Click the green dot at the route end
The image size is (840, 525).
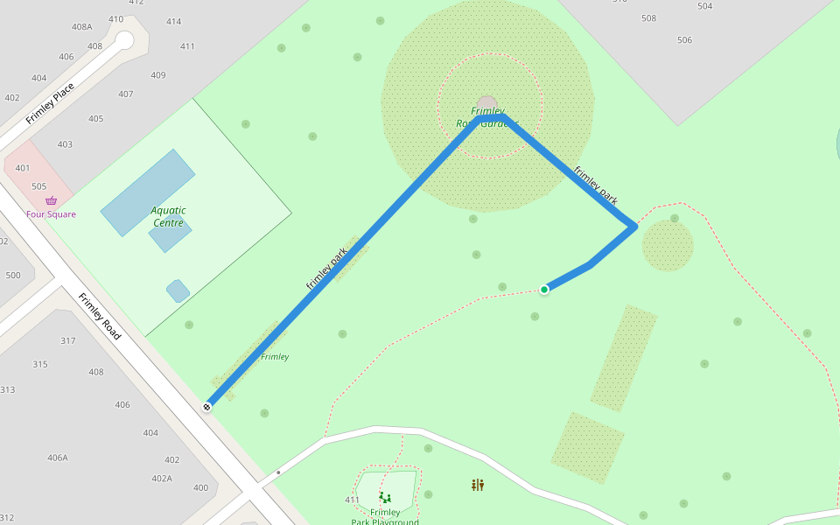pos(544,290)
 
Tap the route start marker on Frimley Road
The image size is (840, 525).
pos(207,406)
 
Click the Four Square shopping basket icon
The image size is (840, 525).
pos(51,201)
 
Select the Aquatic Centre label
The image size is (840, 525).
pos(168,216)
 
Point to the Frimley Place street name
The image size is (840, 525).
pos(50,103)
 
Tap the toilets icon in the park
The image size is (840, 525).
pos(478,485)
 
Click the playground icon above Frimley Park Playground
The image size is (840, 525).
pos(385,498)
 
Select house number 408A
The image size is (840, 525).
pos(82,27)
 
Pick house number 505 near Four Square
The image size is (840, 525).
pos(38,186)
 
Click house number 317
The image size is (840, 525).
pos(67,340)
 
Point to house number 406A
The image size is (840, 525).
pos(58,458)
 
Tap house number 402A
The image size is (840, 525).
pos(162,479)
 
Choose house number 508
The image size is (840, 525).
pos(648,18)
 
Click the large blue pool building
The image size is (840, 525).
pos(147,192)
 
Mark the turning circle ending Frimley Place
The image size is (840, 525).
pos(124,39)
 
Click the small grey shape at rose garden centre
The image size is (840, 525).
pos(487,102)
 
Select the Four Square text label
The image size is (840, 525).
pos(51,214)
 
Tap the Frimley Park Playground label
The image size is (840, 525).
pos(385,517)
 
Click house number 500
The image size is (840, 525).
pos(13,276)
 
